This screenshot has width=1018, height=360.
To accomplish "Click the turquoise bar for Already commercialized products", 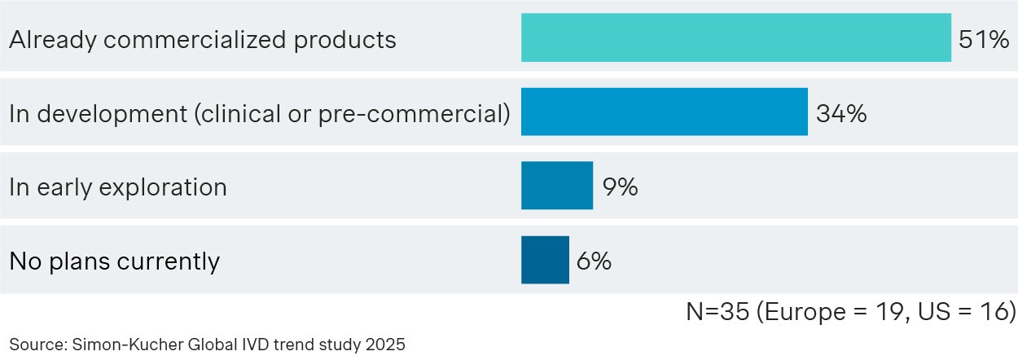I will [x=735, y=37].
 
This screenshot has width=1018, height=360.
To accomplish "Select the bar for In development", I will [x=664, y=112].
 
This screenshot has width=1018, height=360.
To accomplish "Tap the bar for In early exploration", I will [x=557, y=186].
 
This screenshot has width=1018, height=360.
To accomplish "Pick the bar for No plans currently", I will [x=545, y=260].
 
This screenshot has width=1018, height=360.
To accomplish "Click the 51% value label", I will [x=984, y=38].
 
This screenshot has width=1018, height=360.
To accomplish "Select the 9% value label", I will [x=620, y=187].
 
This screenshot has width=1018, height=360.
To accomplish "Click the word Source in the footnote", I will [x=33, y=345].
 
